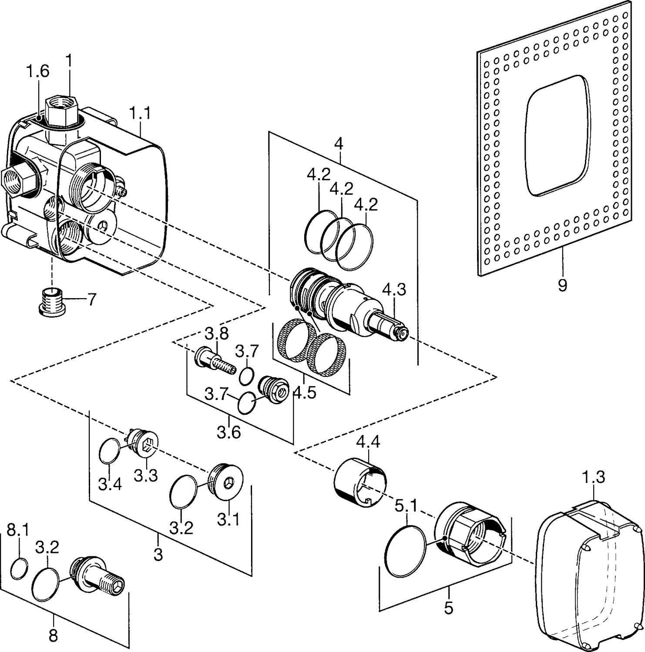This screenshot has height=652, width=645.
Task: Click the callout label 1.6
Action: tap(37, 71)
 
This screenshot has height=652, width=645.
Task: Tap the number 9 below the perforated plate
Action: tap(562, 286)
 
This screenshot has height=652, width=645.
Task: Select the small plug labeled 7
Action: tap(51, 301)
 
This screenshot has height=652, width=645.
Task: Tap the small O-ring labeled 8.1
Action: tap(20, 569)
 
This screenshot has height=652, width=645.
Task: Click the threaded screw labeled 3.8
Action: tap(215, 361)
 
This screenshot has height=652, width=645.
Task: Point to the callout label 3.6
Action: tap(228, 432)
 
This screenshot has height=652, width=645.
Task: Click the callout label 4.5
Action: tap(304, 392)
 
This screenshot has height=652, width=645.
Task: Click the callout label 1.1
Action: tap(140, 114)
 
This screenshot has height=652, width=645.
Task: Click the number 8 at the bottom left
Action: tap(53, 636)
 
